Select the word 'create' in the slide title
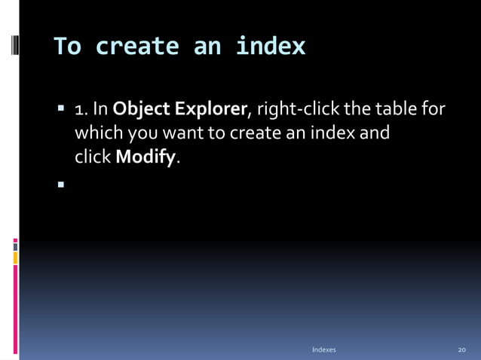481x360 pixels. [136, 47]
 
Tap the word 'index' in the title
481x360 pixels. [271, 47]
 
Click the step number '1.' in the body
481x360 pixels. [81, 111]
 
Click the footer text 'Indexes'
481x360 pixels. [323, 350]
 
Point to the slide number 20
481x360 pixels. [462, 350]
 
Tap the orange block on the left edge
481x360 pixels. [15, 258]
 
